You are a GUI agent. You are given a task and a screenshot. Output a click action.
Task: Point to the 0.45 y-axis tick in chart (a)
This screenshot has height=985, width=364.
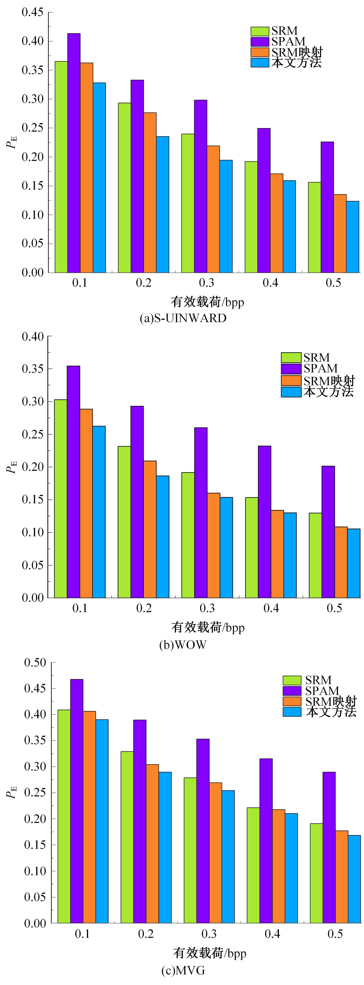pos(32,12)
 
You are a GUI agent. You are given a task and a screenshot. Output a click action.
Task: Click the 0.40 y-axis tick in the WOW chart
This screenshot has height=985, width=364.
pos(32,336)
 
